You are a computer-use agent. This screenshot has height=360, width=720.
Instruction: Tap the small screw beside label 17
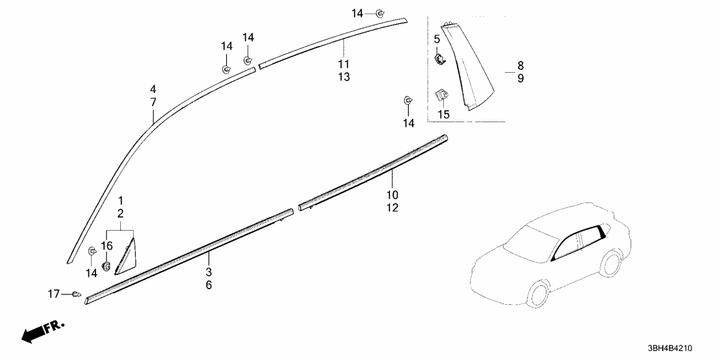coord(77,295)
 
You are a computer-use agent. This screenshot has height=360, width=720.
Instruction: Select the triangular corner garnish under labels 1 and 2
coord(125,257)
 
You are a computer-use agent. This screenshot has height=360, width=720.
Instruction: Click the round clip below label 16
coord(107,264)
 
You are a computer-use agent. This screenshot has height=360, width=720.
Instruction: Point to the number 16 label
coord(107,245)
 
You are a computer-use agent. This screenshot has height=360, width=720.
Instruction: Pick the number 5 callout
coord(437,40)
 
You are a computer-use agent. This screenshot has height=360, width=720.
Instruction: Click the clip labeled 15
coord(441,96)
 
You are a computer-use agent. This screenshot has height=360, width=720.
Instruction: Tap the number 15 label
coord(443,114)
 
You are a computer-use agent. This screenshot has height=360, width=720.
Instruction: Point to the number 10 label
coord(393,195)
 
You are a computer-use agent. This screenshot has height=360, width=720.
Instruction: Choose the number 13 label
coord(344,77)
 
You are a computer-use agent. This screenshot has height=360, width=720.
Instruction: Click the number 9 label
coord(521,78)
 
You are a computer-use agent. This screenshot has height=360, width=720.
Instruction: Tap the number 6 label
coord(209,285)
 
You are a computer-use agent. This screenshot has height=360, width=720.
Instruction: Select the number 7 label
coord(153,102)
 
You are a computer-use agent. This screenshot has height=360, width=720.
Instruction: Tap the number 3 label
coord(209,272)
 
